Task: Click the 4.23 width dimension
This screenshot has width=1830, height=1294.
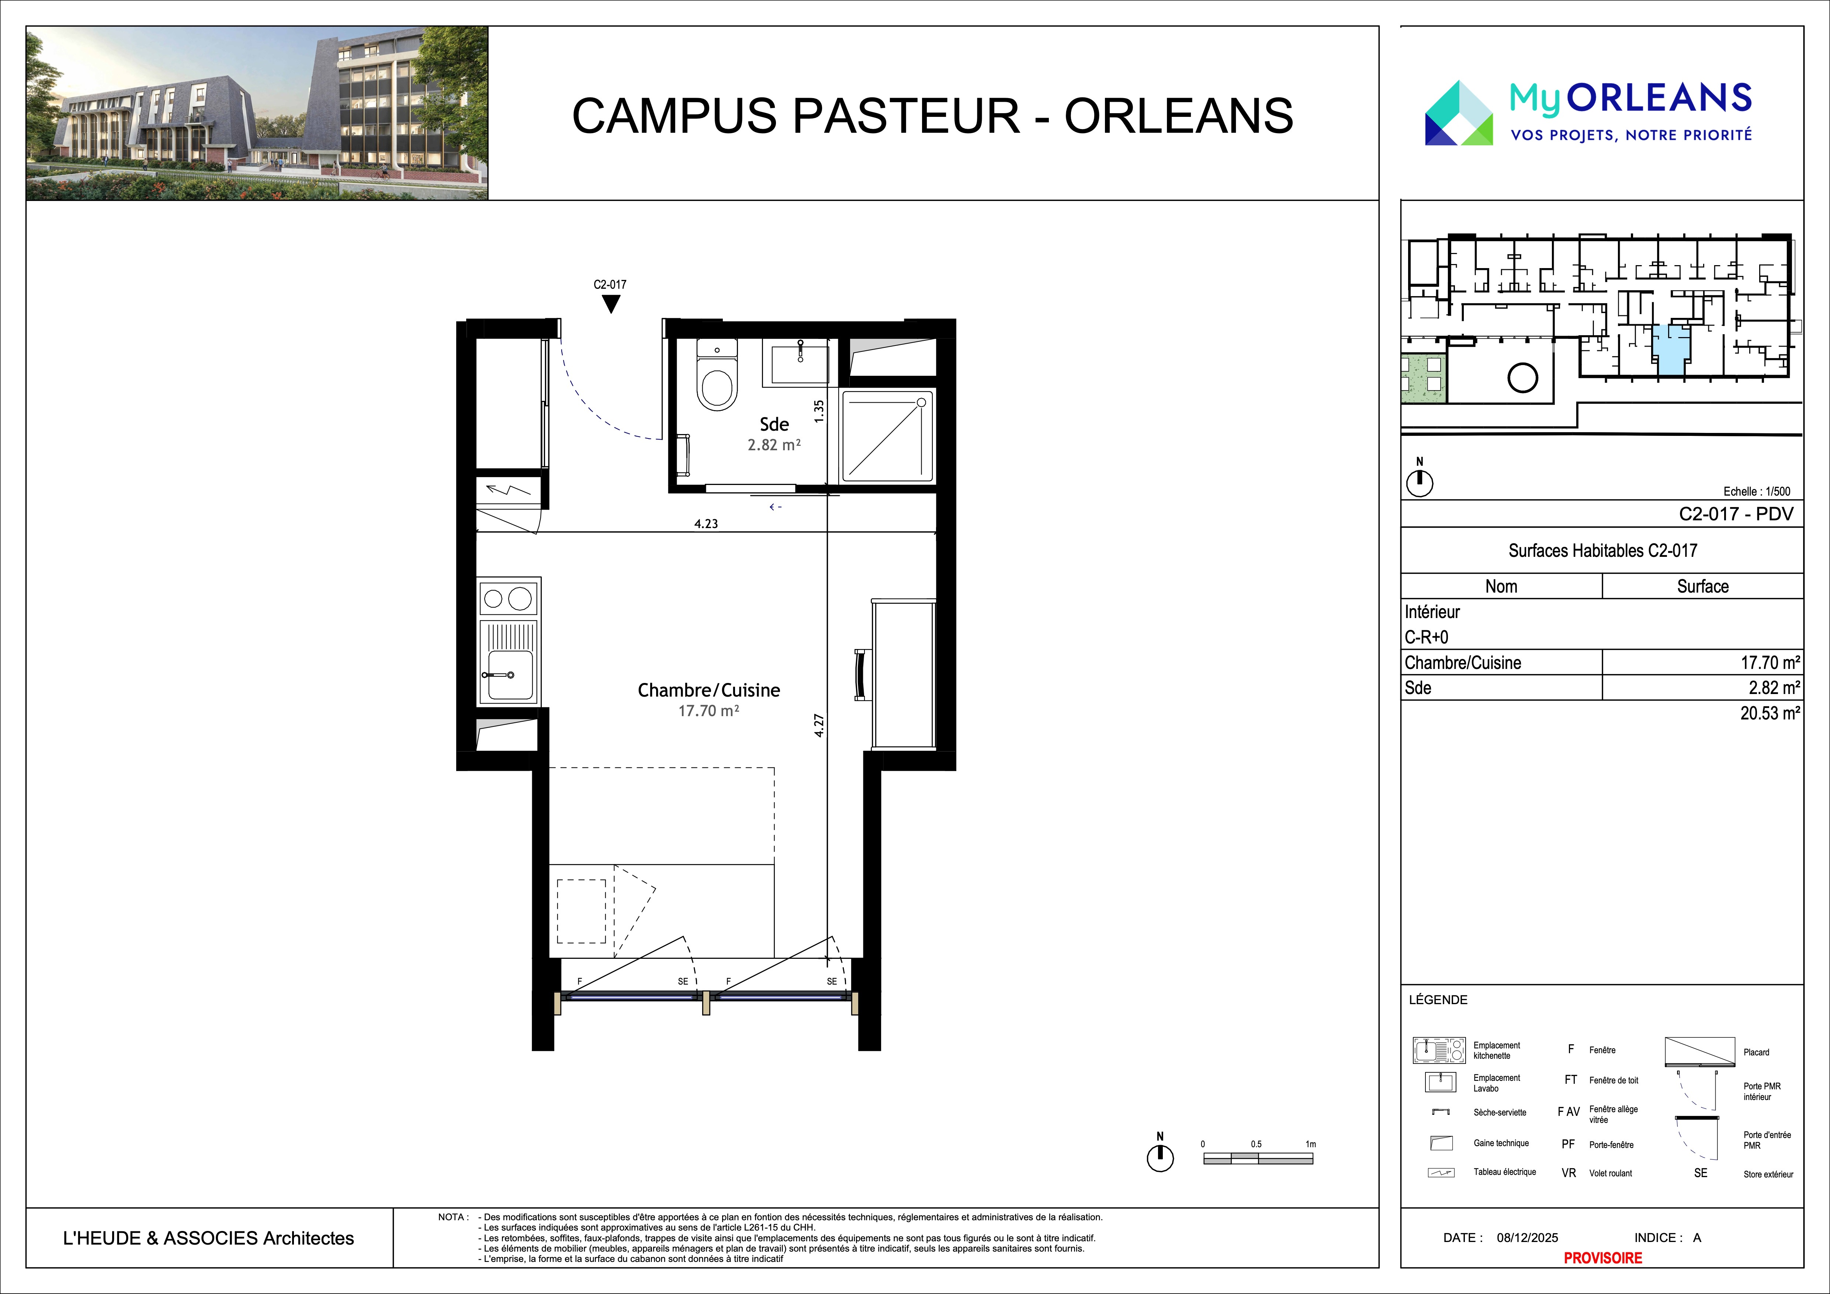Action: (x=706, y=524)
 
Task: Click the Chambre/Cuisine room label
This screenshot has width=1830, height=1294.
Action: (x=708, y=690)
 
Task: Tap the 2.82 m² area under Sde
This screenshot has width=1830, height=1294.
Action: (x=774, y=445)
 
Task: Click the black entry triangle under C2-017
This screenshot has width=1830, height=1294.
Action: (x=610, y=303)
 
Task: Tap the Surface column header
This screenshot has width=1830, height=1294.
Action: (x=1702, y=586)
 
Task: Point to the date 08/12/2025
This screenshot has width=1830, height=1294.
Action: (x=1527, y=1238)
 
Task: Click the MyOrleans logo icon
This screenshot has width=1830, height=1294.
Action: (x=1459, y=112)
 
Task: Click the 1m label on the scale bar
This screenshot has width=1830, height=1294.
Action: (x=1310, y=1144)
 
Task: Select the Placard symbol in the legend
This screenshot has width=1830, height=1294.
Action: (x=1699, y=1052)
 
